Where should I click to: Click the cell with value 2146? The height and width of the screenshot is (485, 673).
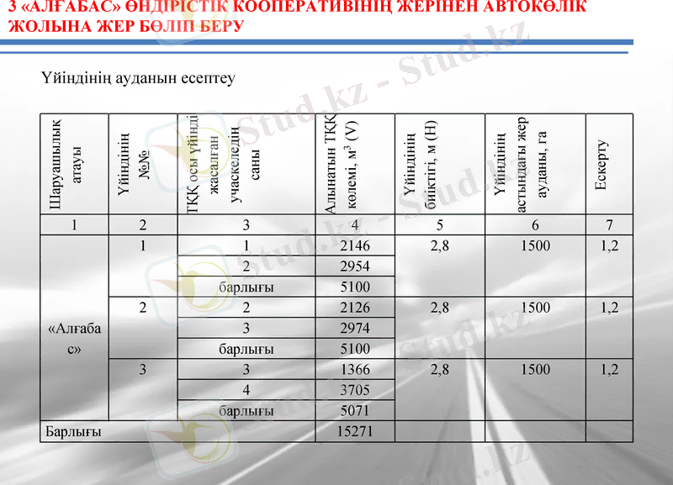pyautogui.click(x=355, y=245)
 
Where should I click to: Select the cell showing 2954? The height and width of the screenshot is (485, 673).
pyautogui.click(x=355, y=266)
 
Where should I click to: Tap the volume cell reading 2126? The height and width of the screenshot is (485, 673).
pyautogui.click(x=355, y=308)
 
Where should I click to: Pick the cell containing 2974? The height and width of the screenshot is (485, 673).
pyautogui.click(x=355, y=328)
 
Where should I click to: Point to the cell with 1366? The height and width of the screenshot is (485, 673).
pyautogui.click(x=355, y=369)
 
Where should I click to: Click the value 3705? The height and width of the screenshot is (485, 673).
pyautogui.click(x=355, y=390)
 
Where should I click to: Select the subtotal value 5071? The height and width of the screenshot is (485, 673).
pyautogui.click(x=355, y=411)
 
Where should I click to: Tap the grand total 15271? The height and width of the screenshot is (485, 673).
pyautogui.click(x=355, y=431)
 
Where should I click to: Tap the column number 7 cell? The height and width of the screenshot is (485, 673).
pyautogui.click(x=609, y=224)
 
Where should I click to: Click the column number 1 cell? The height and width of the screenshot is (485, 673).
pyautogui.click(x=74, y=224)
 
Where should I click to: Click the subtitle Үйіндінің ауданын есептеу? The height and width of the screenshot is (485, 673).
pyautogui.click(x=137, y=78)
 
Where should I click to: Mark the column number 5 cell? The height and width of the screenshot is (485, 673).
pyautogui.click(x=439, y=224)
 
